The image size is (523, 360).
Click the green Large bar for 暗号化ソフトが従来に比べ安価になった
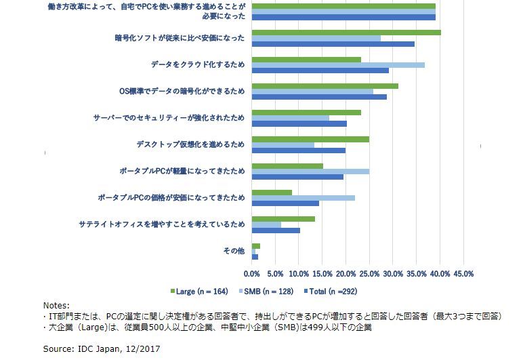pyautogui.click(x=346, y=32)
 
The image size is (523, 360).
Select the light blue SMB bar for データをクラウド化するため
pyautogui.click(x=337, y=65)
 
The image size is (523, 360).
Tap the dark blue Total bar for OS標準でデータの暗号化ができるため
pyautogui.click(x=318, y=97)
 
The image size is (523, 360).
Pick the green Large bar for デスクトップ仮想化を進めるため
pyautogui.click(x=310, y=139)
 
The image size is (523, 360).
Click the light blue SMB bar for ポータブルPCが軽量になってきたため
pyautogui.click(x=310, y=171)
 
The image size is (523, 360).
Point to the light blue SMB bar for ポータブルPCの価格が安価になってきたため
pyautogui.click(x=303, y=197)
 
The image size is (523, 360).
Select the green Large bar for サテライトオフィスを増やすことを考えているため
pyautogui.click(x=283, y=218)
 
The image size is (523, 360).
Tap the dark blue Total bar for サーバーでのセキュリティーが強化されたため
pyautogui.click(x=299, y=123)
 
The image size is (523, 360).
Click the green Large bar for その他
pyautogui.click(x=255, y=245)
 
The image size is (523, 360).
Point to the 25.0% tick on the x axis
pyautogui.click(x=369, y=274)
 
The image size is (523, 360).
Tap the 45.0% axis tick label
pyautogui.click(x=463, y=274)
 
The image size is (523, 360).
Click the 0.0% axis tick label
pyautogui.click(x=251, y=274)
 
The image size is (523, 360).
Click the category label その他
pyautogui.click(x=233, y=251)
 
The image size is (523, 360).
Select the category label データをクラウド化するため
pyautogui.click(x=197, y=65)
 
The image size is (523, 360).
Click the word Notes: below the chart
pyautogui.click(x=56, y=306)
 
